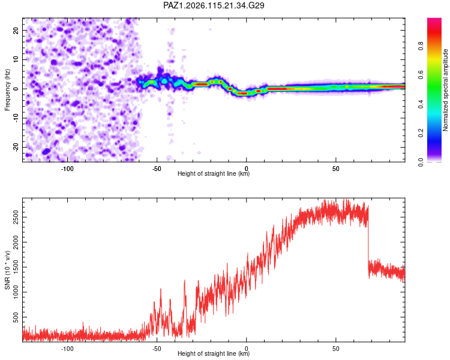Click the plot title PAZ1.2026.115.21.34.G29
pos(214,5)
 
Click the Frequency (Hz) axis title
pos(7,90)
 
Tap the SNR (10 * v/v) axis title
pos(7,270)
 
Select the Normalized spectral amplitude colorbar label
pos(445,90)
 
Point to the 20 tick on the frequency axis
pos(16,30)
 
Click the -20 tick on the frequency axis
pos(16,147)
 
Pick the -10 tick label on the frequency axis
pos(16,118)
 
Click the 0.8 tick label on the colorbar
pos(421,46)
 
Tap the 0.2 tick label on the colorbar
pos(421,133)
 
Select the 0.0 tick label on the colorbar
pos(421,162)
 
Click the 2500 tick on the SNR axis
pos(16,217)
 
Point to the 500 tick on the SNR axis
pos(16,317)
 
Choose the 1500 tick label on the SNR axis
pos(16,267)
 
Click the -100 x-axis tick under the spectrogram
pos(67,169)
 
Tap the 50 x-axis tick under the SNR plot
pos(336,349)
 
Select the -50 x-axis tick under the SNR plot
pos(157,349)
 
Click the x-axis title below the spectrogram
pos(214,173)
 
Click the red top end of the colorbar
pos(434,19)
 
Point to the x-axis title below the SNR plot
pos(214,353)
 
